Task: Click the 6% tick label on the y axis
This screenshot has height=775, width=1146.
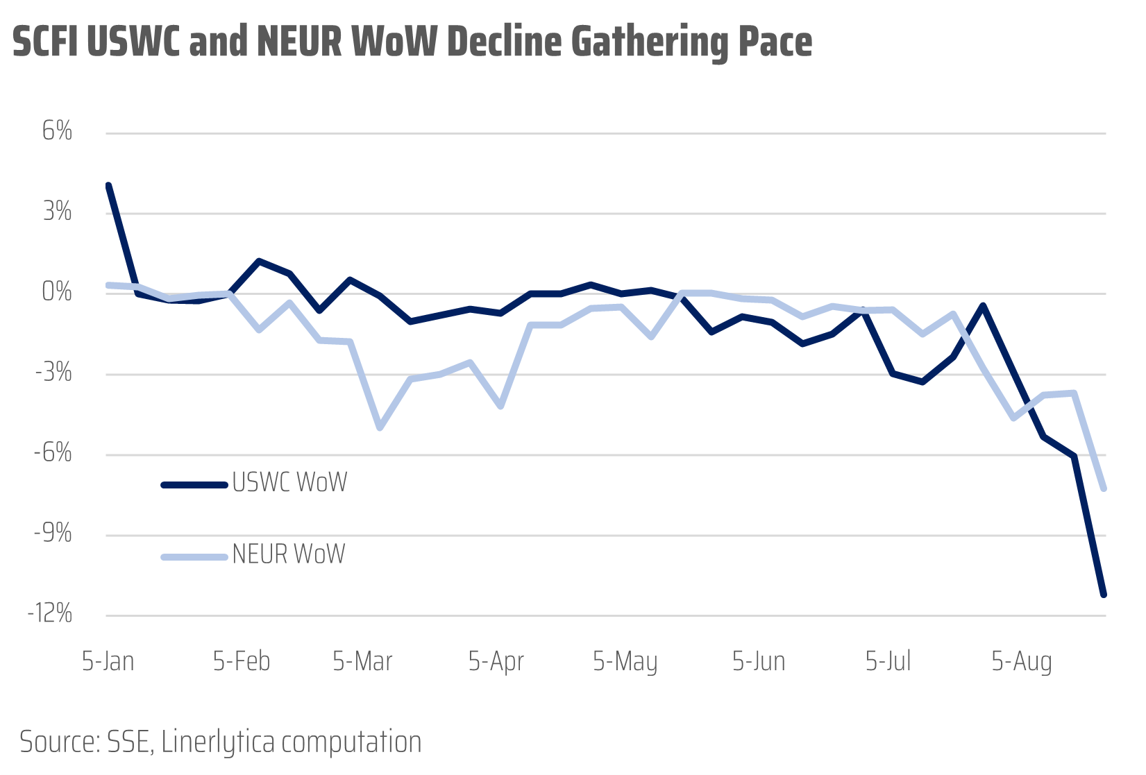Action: [x=57, y=131]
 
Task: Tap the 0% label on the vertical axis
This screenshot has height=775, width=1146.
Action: [x=57, y=292]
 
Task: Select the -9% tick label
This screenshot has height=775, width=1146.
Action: [x=53, y=534]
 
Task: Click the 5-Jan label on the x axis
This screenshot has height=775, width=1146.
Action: [x=108, y=661]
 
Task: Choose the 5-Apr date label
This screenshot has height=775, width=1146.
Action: [x=496, y=661]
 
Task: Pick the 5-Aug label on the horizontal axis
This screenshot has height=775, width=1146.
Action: [x=1021, y=661]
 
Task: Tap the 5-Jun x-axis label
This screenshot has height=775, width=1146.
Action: [x=759, y=661]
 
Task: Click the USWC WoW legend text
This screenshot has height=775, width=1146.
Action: [x=289, y=482]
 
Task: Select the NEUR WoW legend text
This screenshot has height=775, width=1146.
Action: [x=289, y=554]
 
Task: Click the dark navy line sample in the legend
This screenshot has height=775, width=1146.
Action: [x=194, y=485]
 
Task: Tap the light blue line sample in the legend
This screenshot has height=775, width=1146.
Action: [x=194, y=556]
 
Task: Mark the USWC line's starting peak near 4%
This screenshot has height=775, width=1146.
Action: [x=108, y=186]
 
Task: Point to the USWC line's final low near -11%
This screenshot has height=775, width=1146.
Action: [x=1103, y=594]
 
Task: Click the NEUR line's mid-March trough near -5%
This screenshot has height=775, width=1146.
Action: [x=380, y=427]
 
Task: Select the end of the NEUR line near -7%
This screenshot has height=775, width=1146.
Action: [x=1103, y=488]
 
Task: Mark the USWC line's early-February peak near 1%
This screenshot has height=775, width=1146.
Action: [x=259, y=262]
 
